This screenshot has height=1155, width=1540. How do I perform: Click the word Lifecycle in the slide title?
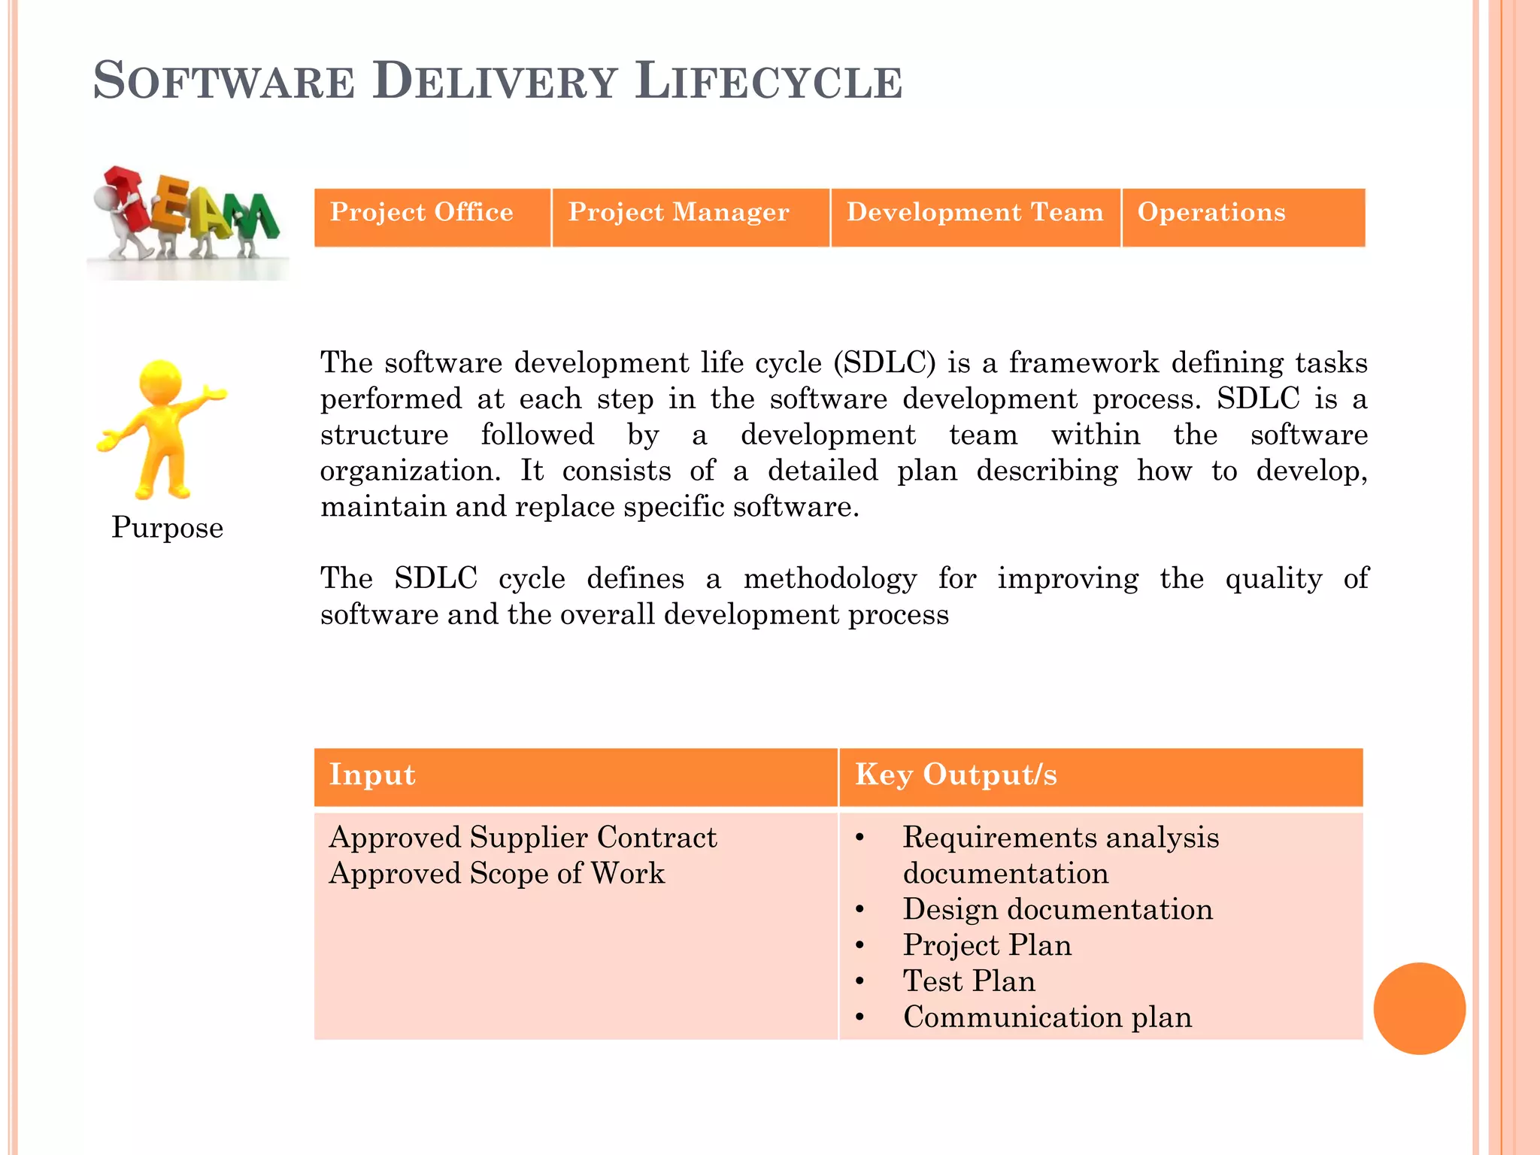[x=768, y=81]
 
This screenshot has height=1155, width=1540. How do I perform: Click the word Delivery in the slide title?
[x=495, y=81]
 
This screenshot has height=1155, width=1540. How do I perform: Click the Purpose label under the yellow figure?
[x=167, y=528]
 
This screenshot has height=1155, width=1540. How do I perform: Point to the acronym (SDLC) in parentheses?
[x=884, y=363]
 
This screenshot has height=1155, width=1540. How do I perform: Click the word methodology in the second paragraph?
[x=830, y=579]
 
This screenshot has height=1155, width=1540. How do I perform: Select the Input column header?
[x=372, y=775]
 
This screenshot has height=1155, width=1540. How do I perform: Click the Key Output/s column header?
[x=956, y=775]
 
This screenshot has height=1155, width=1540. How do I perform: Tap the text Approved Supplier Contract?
[x=523, y=838]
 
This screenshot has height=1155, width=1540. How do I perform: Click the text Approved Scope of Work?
[x=496, y=874]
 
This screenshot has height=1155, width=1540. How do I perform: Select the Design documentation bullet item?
[x=1057, y=910]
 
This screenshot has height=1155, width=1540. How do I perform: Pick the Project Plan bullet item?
[x=987, y=946]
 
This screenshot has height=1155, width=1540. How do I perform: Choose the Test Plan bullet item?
[x=969, y=982]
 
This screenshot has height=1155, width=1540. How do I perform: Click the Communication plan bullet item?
[x=1047, y=1018]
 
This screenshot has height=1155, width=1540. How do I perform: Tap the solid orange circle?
[x=1419, y=1008]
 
